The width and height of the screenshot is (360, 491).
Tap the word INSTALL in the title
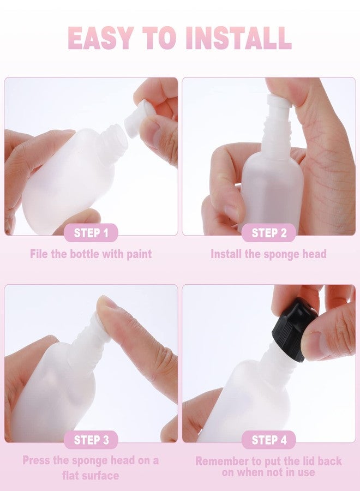click(238, 38)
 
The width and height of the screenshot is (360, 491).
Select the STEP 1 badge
click(91, 232)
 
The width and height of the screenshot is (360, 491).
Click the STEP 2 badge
click(269, 232)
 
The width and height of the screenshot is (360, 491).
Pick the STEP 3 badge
click(91, 440)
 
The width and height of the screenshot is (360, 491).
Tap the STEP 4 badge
click(269, 440)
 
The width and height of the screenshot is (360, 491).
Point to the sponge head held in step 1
click(136, 118)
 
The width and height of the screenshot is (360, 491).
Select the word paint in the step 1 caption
click(139, 254)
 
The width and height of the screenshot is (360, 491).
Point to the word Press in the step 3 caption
click(36, 460)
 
